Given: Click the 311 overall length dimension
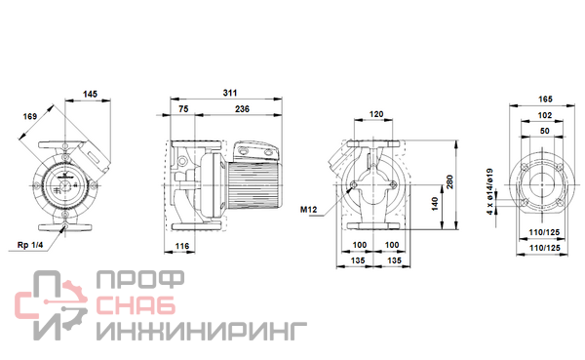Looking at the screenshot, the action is (230, 93).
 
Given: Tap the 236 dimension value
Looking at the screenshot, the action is (242, 109).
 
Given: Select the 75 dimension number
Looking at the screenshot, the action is (183, 109).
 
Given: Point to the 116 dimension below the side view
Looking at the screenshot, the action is (182, 246).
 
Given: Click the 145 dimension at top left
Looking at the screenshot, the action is (90, 94).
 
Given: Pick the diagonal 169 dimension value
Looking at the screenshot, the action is (30, 116).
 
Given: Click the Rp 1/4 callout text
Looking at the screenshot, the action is (30, 245).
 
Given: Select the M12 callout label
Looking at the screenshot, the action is (308, 210).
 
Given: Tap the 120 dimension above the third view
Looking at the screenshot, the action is (376, 114).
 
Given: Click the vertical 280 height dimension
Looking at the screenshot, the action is (449, 181).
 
